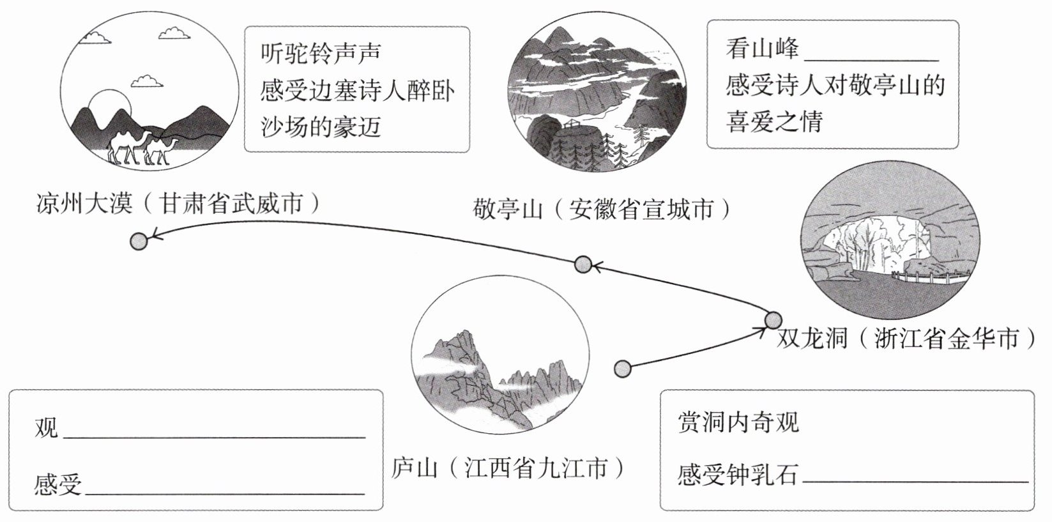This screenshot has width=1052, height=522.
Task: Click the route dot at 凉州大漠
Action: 138,241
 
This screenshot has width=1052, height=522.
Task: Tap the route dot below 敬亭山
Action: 583,264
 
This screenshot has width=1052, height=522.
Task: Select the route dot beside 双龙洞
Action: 773,320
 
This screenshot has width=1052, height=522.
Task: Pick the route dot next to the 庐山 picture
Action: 622,368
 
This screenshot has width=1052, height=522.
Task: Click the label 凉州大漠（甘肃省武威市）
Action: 177,204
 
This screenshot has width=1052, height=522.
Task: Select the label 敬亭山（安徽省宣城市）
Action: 601,209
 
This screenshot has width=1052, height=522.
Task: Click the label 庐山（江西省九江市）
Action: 508,468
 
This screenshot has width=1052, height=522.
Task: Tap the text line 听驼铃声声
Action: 321,52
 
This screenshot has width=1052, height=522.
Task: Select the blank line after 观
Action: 214,436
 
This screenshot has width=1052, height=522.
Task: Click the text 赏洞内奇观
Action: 738,422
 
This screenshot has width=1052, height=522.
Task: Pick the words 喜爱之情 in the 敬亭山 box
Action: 774,121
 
